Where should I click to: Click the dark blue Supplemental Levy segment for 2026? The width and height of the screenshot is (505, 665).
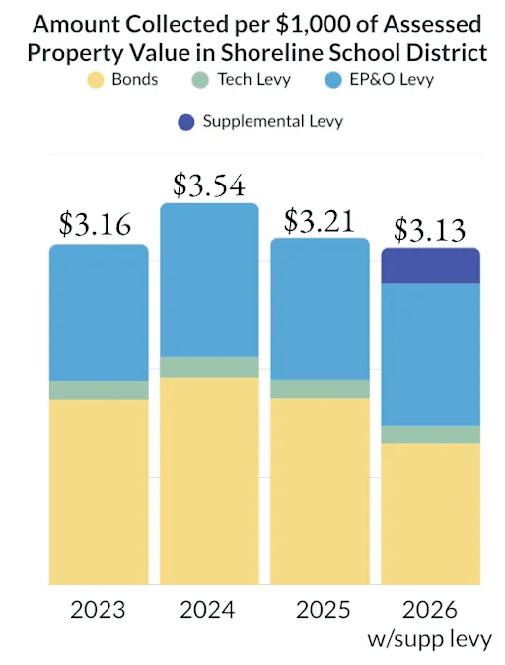pos(431,265)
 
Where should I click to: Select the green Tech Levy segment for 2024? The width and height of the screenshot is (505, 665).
pos(209,367)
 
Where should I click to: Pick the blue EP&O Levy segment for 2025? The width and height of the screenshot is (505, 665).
pos(320,308)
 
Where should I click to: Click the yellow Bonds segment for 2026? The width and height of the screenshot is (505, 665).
pos(431,513)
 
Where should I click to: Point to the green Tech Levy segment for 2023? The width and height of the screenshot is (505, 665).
pos(99,390)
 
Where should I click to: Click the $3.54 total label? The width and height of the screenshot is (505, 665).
pos(208,185)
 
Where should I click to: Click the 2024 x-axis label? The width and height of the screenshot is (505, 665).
pos(208,609)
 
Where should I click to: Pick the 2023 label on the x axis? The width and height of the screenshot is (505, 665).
pos(98,609)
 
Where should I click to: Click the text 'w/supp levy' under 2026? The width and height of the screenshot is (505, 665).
pos(430,639)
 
